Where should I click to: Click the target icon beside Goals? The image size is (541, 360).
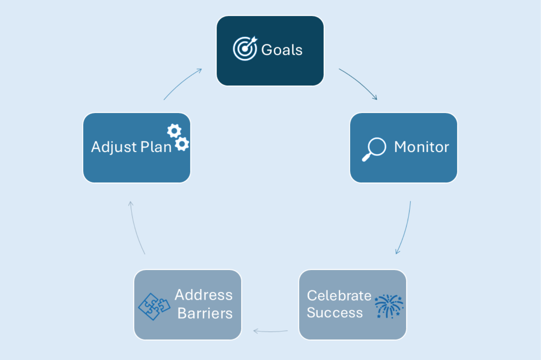pos(244,49)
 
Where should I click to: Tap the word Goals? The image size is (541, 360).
pos(282,50)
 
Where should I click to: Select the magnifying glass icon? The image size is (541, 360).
pos(374,149)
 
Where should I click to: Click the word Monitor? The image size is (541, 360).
pos(421,147)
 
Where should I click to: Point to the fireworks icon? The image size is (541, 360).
pos(389,306)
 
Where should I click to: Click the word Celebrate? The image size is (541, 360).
pos(339,296)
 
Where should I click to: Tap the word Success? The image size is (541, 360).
pos(334,313)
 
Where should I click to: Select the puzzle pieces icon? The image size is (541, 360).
pos(154,306)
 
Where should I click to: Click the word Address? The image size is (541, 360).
pos(203,295)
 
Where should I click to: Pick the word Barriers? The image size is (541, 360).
pos(205,314)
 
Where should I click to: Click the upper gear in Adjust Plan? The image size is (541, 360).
pos(174,131)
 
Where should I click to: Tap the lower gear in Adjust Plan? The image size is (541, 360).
pos(182,144)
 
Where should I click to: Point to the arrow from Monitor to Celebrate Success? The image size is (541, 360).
pos(405,228)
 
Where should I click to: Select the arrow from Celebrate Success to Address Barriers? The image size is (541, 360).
pos(271,331)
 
